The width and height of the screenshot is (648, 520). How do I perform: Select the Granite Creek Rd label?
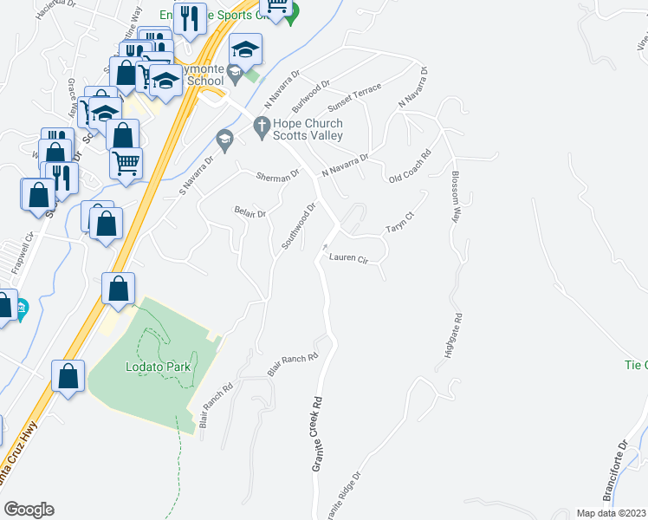pos(318,434)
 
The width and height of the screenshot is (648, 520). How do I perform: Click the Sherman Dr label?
pos(277,176)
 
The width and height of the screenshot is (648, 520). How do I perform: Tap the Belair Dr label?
pos(249,211)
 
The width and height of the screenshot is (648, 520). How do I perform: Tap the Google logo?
pos(29,510)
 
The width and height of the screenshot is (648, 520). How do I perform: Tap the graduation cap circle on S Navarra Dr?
pos(224,139)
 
